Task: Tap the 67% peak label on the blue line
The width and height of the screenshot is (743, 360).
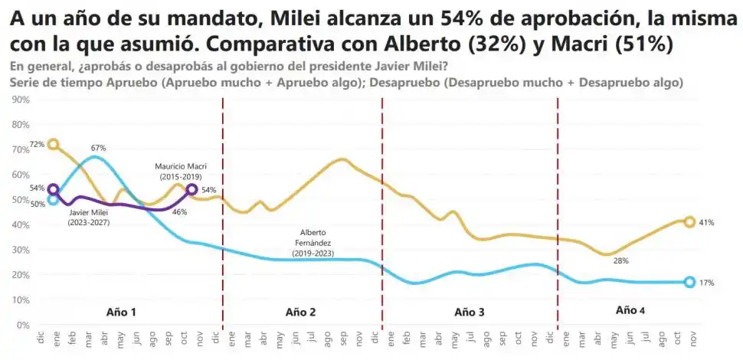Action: [x=98, y=148]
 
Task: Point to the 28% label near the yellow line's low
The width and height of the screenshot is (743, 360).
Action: [x=620, y=261]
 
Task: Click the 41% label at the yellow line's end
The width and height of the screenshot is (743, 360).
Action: [x=706, y=223]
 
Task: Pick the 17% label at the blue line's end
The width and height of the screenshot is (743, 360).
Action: [x=706, y=283]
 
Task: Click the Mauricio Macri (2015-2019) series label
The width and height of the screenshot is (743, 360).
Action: [x=181, y=171]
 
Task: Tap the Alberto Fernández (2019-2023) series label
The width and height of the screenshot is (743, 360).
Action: [x=313, y=241]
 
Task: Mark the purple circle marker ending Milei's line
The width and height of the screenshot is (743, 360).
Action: [x=191, y=190]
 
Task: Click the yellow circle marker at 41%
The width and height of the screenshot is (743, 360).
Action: [x=689, y=222]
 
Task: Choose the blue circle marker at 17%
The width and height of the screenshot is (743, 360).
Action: [x=689, y=282]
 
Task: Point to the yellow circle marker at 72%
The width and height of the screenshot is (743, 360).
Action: [x=53, y=144]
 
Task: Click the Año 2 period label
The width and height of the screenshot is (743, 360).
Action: [x=300, y=312]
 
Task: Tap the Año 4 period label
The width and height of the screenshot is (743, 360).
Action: [x=630, y=310]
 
